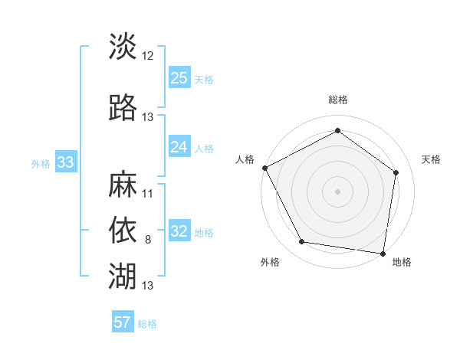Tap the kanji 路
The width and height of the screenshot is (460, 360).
tap(123, 108)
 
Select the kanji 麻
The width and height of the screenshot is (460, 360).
tap(123, 185)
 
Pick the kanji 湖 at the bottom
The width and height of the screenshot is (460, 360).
tap(123, 273)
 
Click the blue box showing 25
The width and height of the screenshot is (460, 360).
tap(179, 77)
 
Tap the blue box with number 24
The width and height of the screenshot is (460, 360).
tap(179, 146)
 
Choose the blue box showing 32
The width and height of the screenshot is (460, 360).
tap(179, 231)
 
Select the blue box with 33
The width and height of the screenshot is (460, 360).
tap(65, 162)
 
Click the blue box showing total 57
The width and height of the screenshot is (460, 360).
tap(123, 322)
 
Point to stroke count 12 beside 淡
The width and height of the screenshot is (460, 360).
tap(148, 55)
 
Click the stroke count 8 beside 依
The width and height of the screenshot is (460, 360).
tap(148, 240)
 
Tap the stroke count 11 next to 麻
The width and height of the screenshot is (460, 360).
tap(148, 194)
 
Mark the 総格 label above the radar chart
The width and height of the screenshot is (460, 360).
tap(337, 100)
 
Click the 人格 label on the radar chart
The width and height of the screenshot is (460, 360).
tap(245, 159)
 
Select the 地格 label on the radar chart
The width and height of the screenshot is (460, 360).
tap(402, 263)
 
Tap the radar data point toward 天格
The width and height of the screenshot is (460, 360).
tap(396, 172)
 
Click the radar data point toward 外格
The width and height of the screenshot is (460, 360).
tap(302, 242)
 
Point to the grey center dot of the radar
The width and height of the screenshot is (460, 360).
tap(337, 191)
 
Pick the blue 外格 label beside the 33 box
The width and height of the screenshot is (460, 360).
tap(41, 162)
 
